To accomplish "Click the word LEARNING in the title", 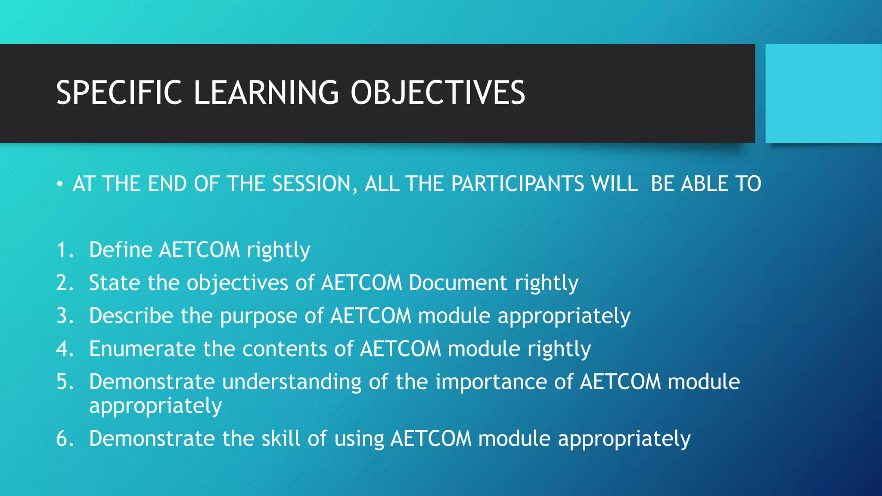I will pyautogui.click(x=266, y=93).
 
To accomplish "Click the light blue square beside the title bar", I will pyautogui.click(x=823, y=93).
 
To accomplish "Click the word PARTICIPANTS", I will pyautogui.click(x=517, y=184).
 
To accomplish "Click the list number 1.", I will pyautogui.click(x=64, y=250).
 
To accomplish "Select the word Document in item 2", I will pyautogui.click(x=458, y=283).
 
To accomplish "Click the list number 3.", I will pyautogui.click(x=65, y=316).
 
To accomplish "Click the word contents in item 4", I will pyautogui.click(x=285, y=349).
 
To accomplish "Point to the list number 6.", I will pyautogui.click(x=65, y=439).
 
